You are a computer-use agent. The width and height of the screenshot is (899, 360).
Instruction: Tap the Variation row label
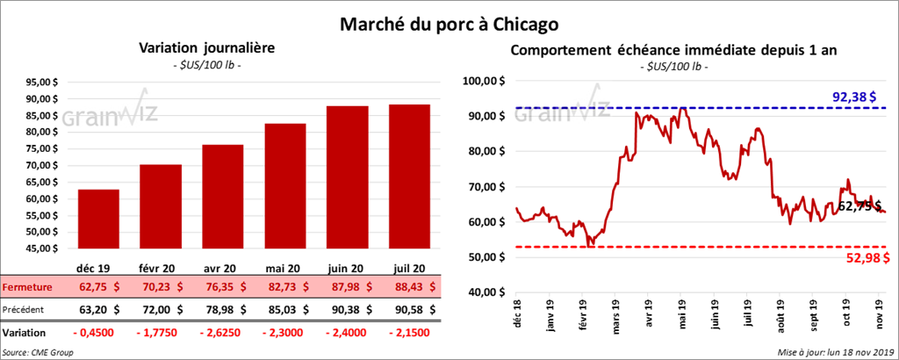25,334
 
